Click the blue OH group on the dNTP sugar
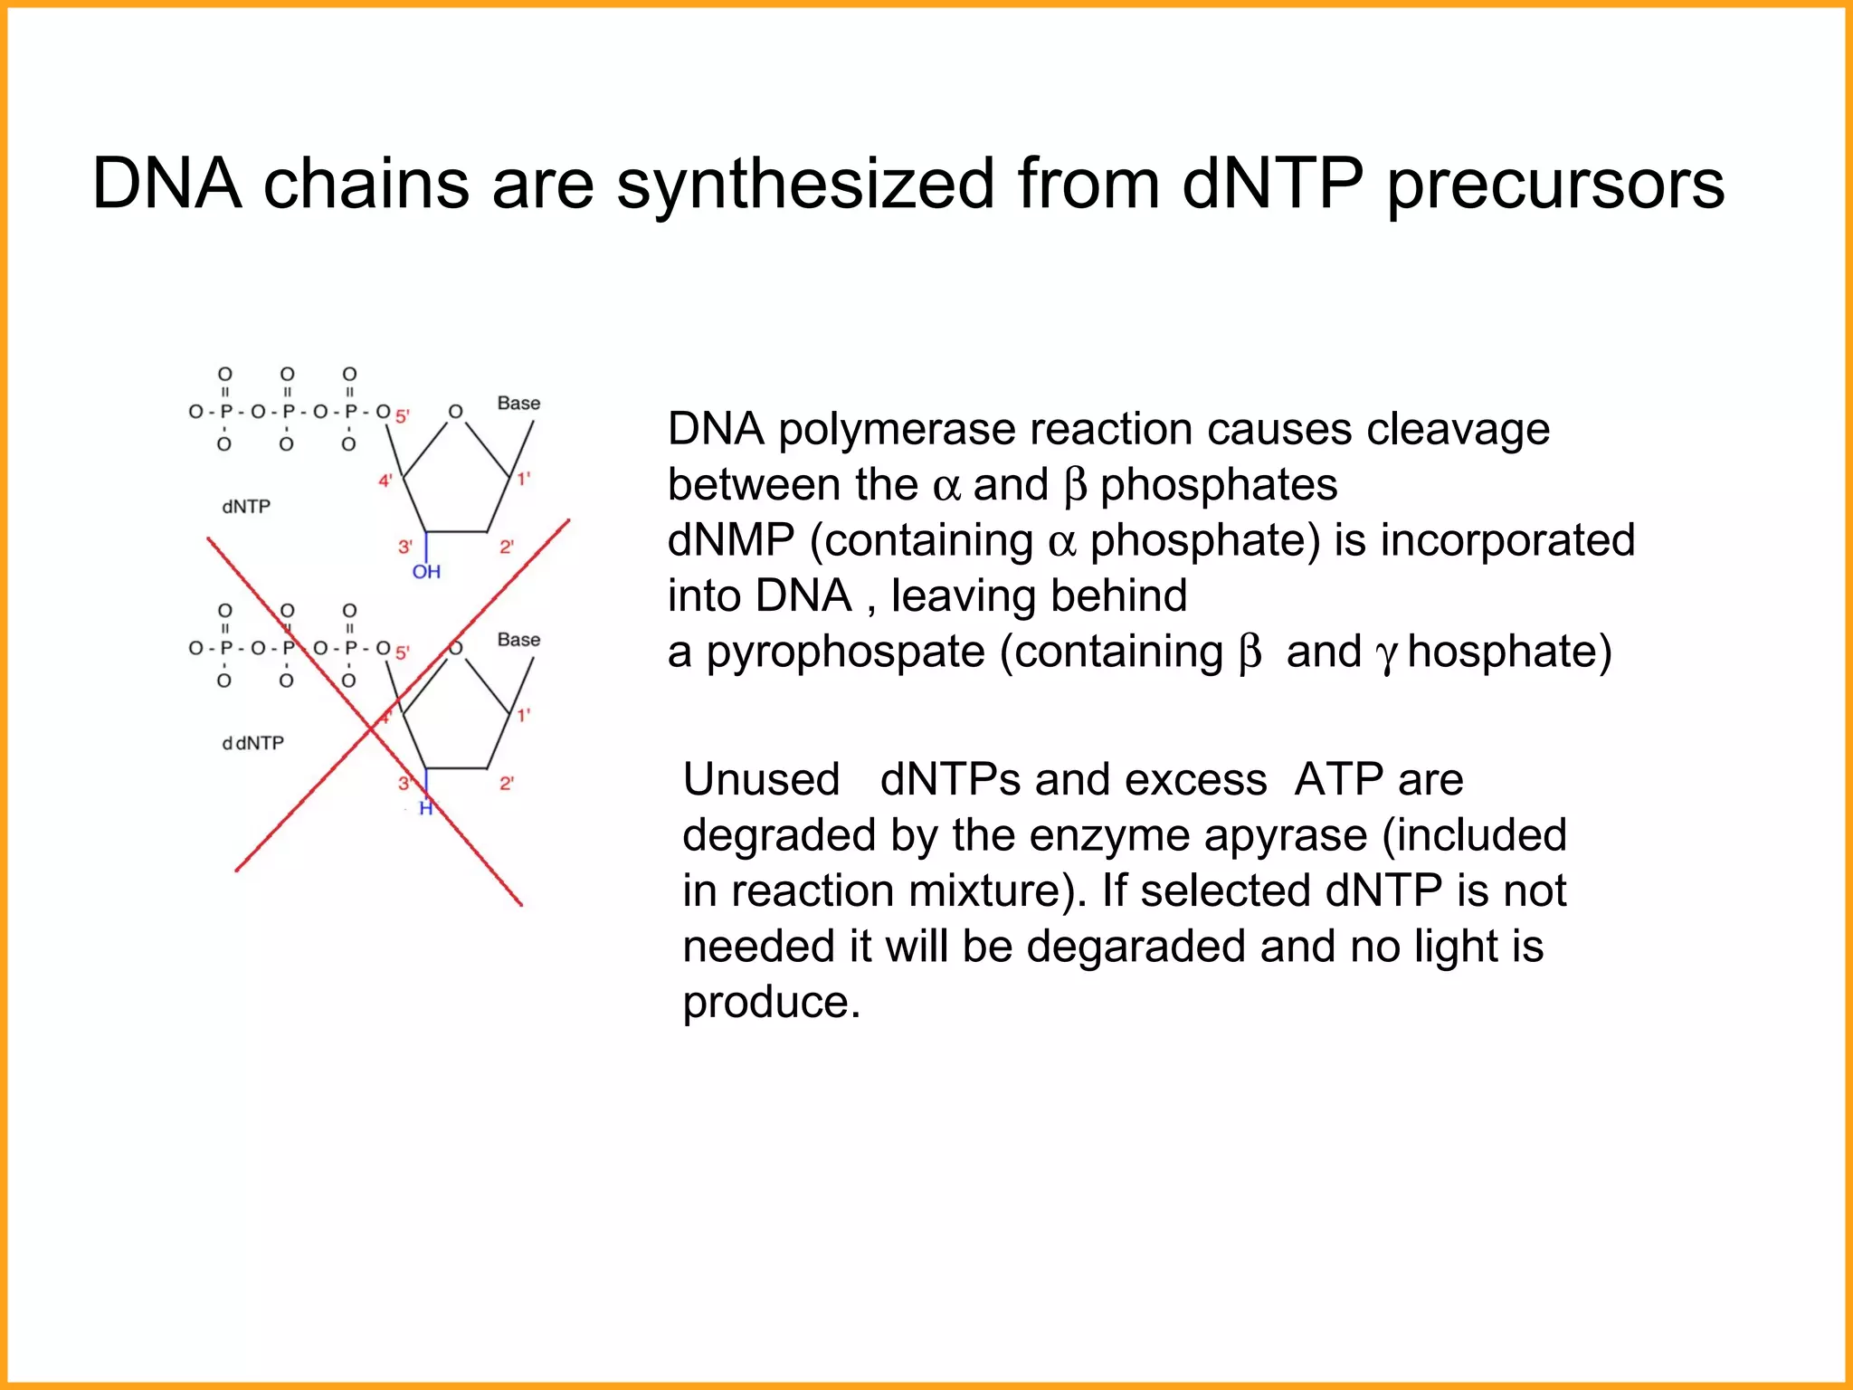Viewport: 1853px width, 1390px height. coord(426,572)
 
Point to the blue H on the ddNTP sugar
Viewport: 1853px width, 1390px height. coord(426,808)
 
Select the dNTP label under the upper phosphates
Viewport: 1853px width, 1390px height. coord(246,507)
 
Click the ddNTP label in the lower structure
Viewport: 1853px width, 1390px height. coord(252,743)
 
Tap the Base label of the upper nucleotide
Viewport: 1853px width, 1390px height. coord(518,404)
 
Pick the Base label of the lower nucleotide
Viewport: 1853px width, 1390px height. coord(518,640)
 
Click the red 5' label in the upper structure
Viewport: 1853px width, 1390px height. coord(403,416)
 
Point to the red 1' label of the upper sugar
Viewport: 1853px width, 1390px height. coord(524,479)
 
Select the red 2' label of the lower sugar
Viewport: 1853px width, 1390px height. coord(507,784)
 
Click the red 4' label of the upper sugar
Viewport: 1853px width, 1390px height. coord(385,481)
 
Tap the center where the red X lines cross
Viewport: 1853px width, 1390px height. coord(373,728)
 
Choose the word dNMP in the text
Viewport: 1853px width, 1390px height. coord(730,540)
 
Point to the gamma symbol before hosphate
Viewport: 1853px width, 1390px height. coord(1386,655)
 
